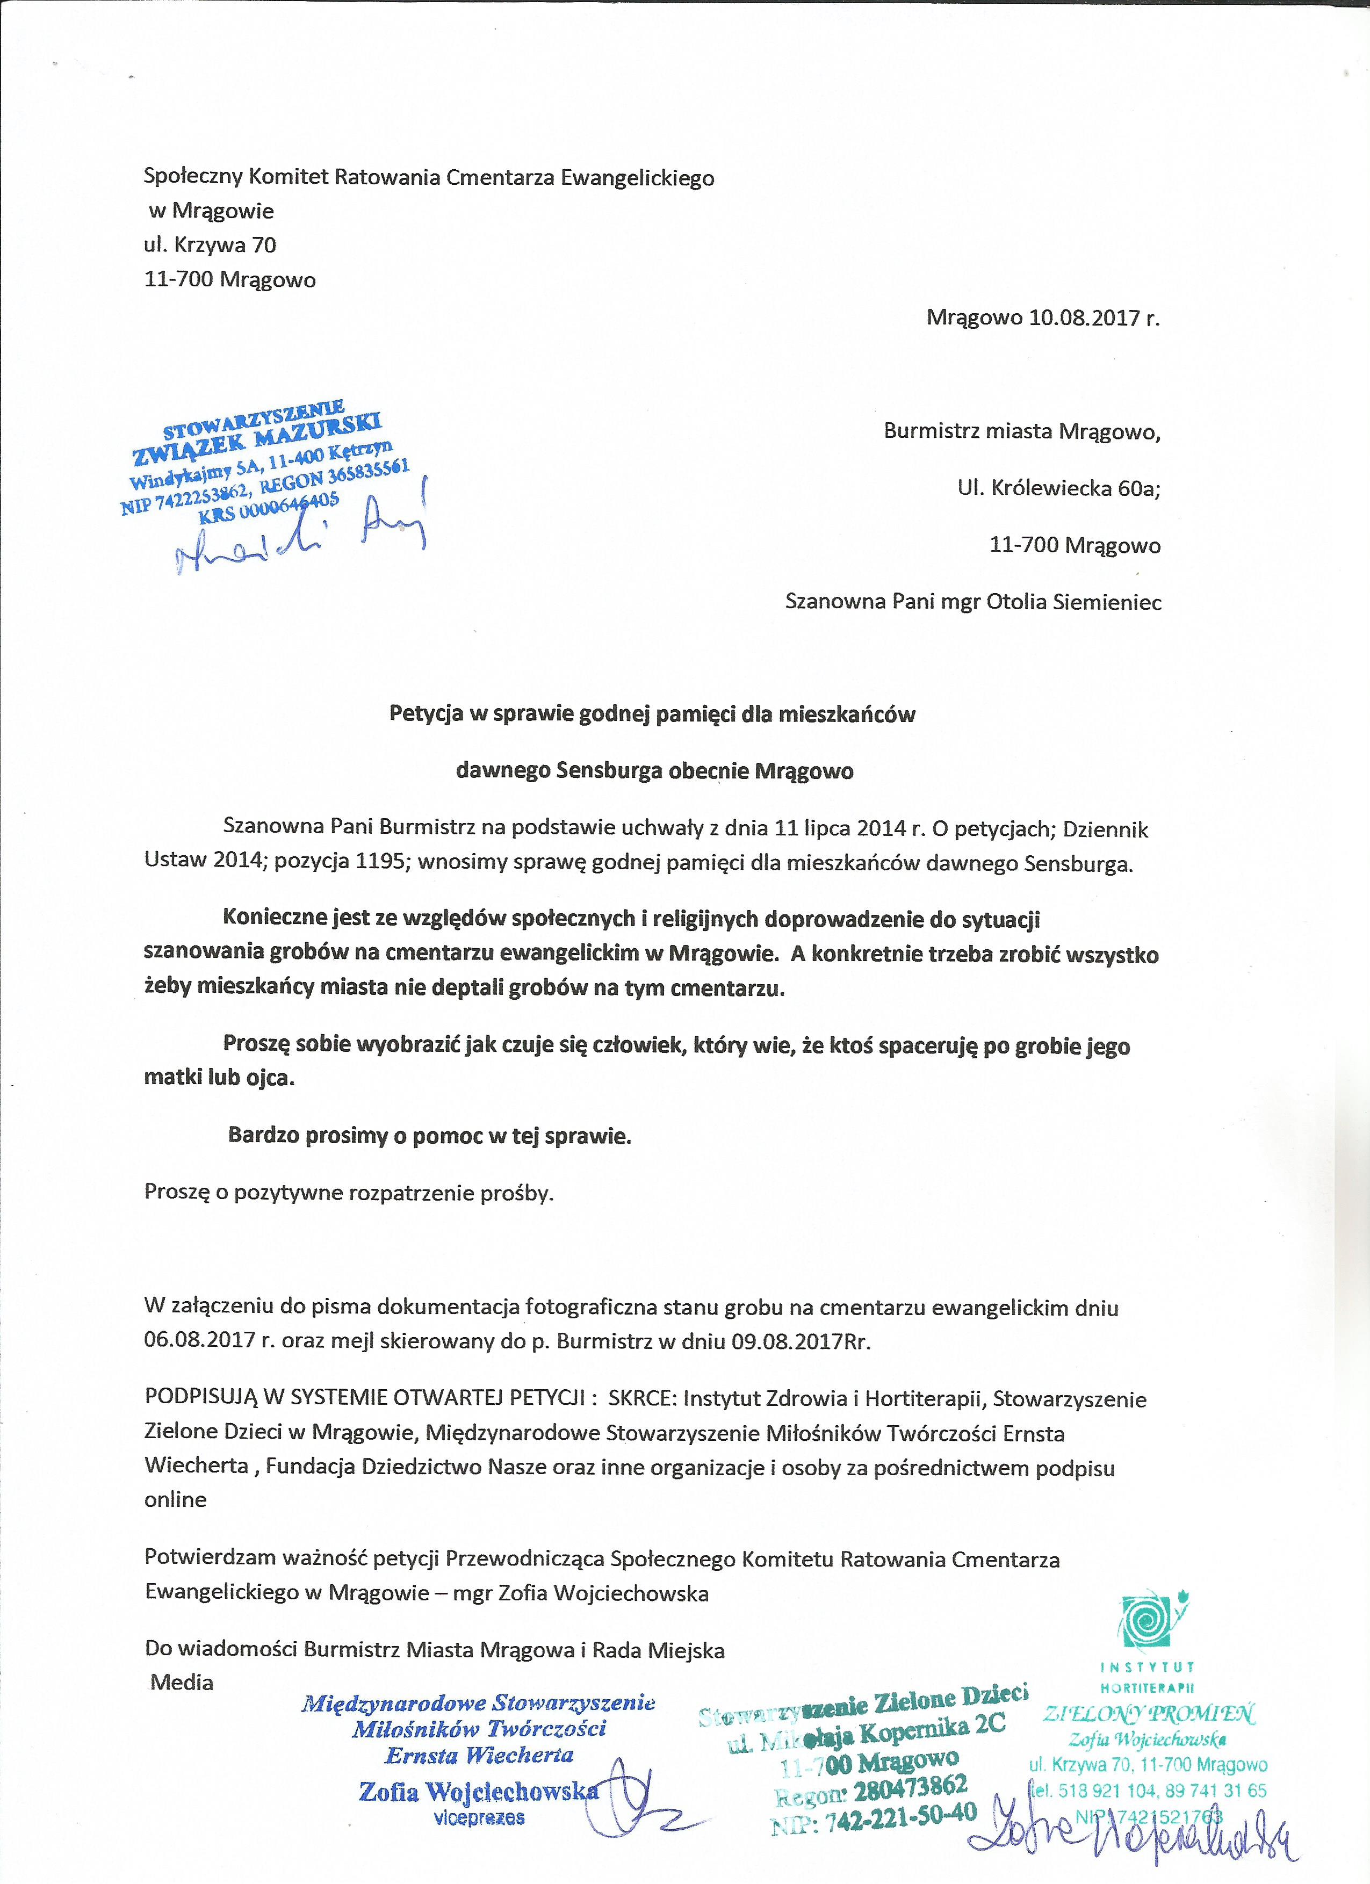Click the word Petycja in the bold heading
tap(426, 714)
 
